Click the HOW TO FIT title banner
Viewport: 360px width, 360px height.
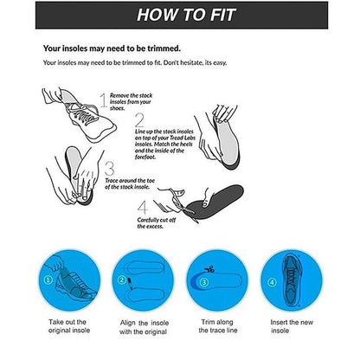(x=180, y=15)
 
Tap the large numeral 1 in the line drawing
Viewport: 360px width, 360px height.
(x=103, y=102)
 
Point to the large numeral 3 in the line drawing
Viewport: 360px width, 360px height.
(x=109, y=168)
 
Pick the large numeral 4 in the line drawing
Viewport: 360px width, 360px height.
(x=143, y=208)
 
